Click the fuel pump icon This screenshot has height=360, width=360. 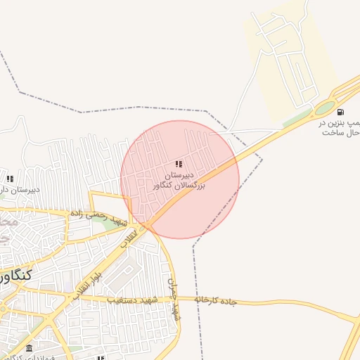click(341, 112)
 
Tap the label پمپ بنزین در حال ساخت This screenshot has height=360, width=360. click(342, 127)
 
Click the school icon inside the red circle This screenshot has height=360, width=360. click(179, 164)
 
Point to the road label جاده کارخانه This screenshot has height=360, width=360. click(218, 300)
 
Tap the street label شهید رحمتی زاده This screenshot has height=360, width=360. click(98, 218)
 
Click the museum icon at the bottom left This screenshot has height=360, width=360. click(29, 349)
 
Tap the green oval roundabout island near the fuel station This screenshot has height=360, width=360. click(325, 108)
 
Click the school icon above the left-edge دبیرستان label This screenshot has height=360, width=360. click(10, 179)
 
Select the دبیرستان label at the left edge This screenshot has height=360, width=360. click(14, 190)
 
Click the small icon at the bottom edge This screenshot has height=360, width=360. click(101, 358)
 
